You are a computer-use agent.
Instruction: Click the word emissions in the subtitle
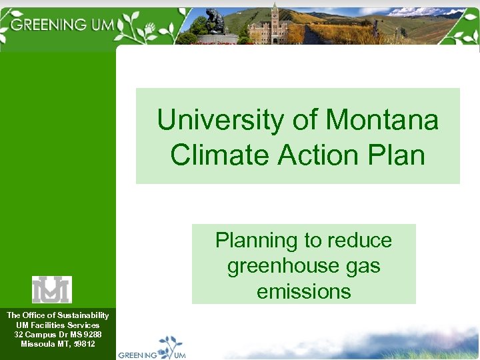pos(303,291)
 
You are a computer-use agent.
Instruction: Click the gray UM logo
pos(52,289)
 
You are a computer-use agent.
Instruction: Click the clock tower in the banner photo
pos(273,20)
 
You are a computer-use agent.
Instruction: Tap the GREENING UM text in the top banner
pos(63,25)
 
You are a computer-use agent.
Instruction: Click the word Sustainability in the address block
pos(83,315)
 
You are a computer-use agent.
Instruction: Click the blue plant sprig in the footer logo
pos(171,345)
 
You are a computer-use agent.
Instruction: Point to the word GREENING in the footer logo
pos(137,355)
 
